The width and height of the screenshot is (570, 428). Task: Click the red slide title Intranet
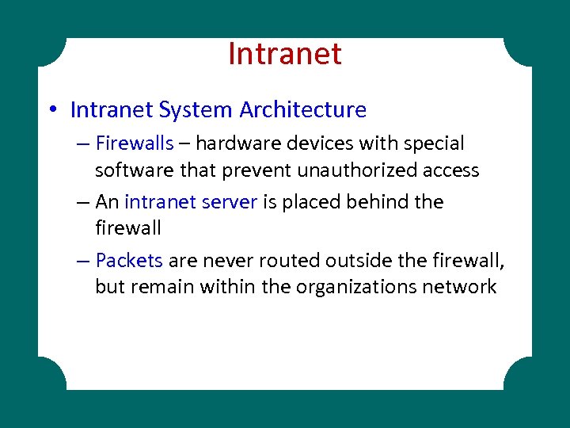coord(284,54)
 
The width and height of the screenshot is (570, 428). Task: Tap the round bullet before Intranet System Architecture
coord(53,110)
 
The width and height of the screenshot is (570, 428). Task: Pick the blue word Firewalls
coord(134,144)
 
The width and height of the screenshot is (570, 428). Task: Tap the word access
coord(450,170)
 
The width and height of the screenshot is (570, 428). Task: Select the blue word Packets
coord(129,260)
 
